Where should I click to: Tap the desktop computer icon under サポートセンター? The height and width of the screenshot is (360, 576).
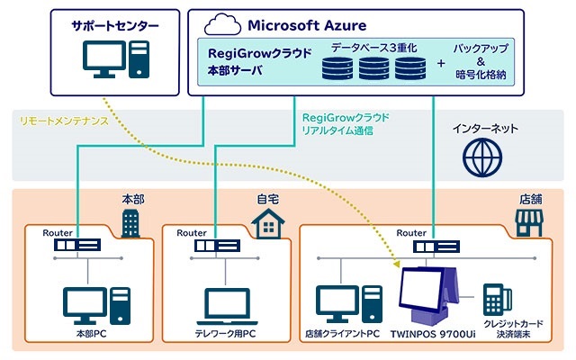click(113, 61)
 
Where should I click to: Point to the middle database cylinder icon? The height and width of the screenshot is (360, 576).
click(375, 67)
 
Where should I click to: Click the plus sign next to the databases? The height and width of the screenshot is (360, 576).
click(440, 65)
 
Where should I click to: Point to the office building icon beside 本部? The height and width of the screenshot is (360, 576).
click(130, 219)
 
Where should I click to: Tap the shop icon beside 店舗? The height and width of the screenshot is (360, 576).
click(528, 220)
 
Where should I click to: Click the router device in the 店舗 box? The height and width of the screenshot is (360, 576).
click(432, 245)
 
